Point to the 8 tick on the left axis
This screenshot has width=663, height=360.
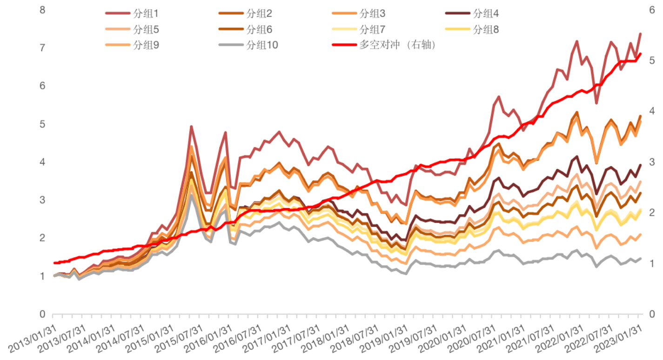(x=42, y=10)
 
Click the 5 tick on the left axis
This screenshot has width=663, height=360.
(x=42, y=124)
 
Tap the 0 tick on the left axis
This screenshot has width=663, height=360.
(x=42, y=314)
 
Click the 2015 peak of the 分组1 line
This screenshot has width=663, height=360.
(x=191, y=126)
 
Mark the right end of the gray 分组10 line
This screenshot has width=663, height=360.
(x=641, y=259)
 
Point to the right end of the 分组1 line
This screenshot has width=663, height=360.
(x=641, y=34)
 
